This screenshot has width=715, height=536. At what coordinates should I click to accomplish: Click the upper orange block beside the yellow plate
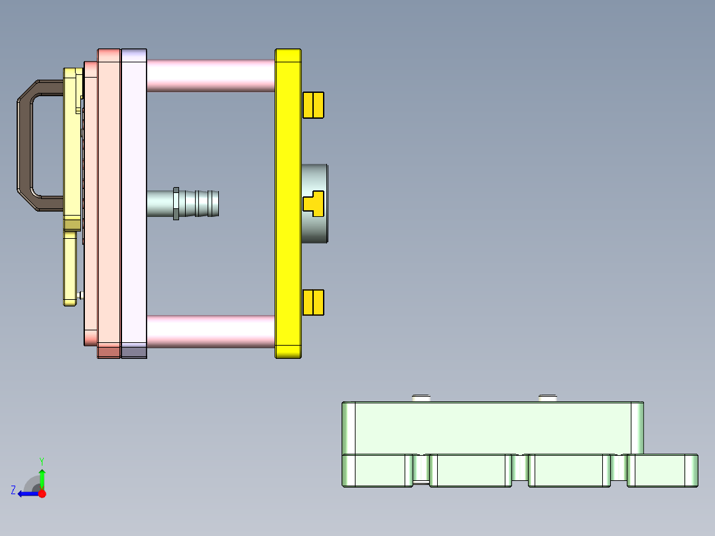point(313,105)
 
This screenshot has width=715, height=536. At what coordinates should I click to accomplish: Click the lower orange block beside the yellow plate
point(313,302)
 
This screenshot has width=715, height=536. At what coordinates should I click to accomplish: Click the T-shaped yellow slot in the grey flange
point(313,203)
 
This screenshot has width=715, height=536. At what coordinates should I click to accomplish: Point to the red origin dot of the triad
point(42,494)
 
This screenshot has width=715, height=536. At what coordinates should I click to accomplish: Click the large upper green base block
point(491,428)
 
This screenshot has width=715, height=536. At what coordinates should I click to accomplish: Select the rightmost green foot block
point(662,471)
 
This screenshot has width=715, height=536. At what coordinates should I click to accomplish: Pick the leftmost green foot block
point(375,471)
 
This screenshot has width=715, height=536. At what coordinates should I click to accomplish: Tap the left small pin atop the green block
point(421,397)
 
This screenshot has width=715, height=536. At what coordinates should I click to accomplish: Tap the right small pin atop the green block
point(547,397)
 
